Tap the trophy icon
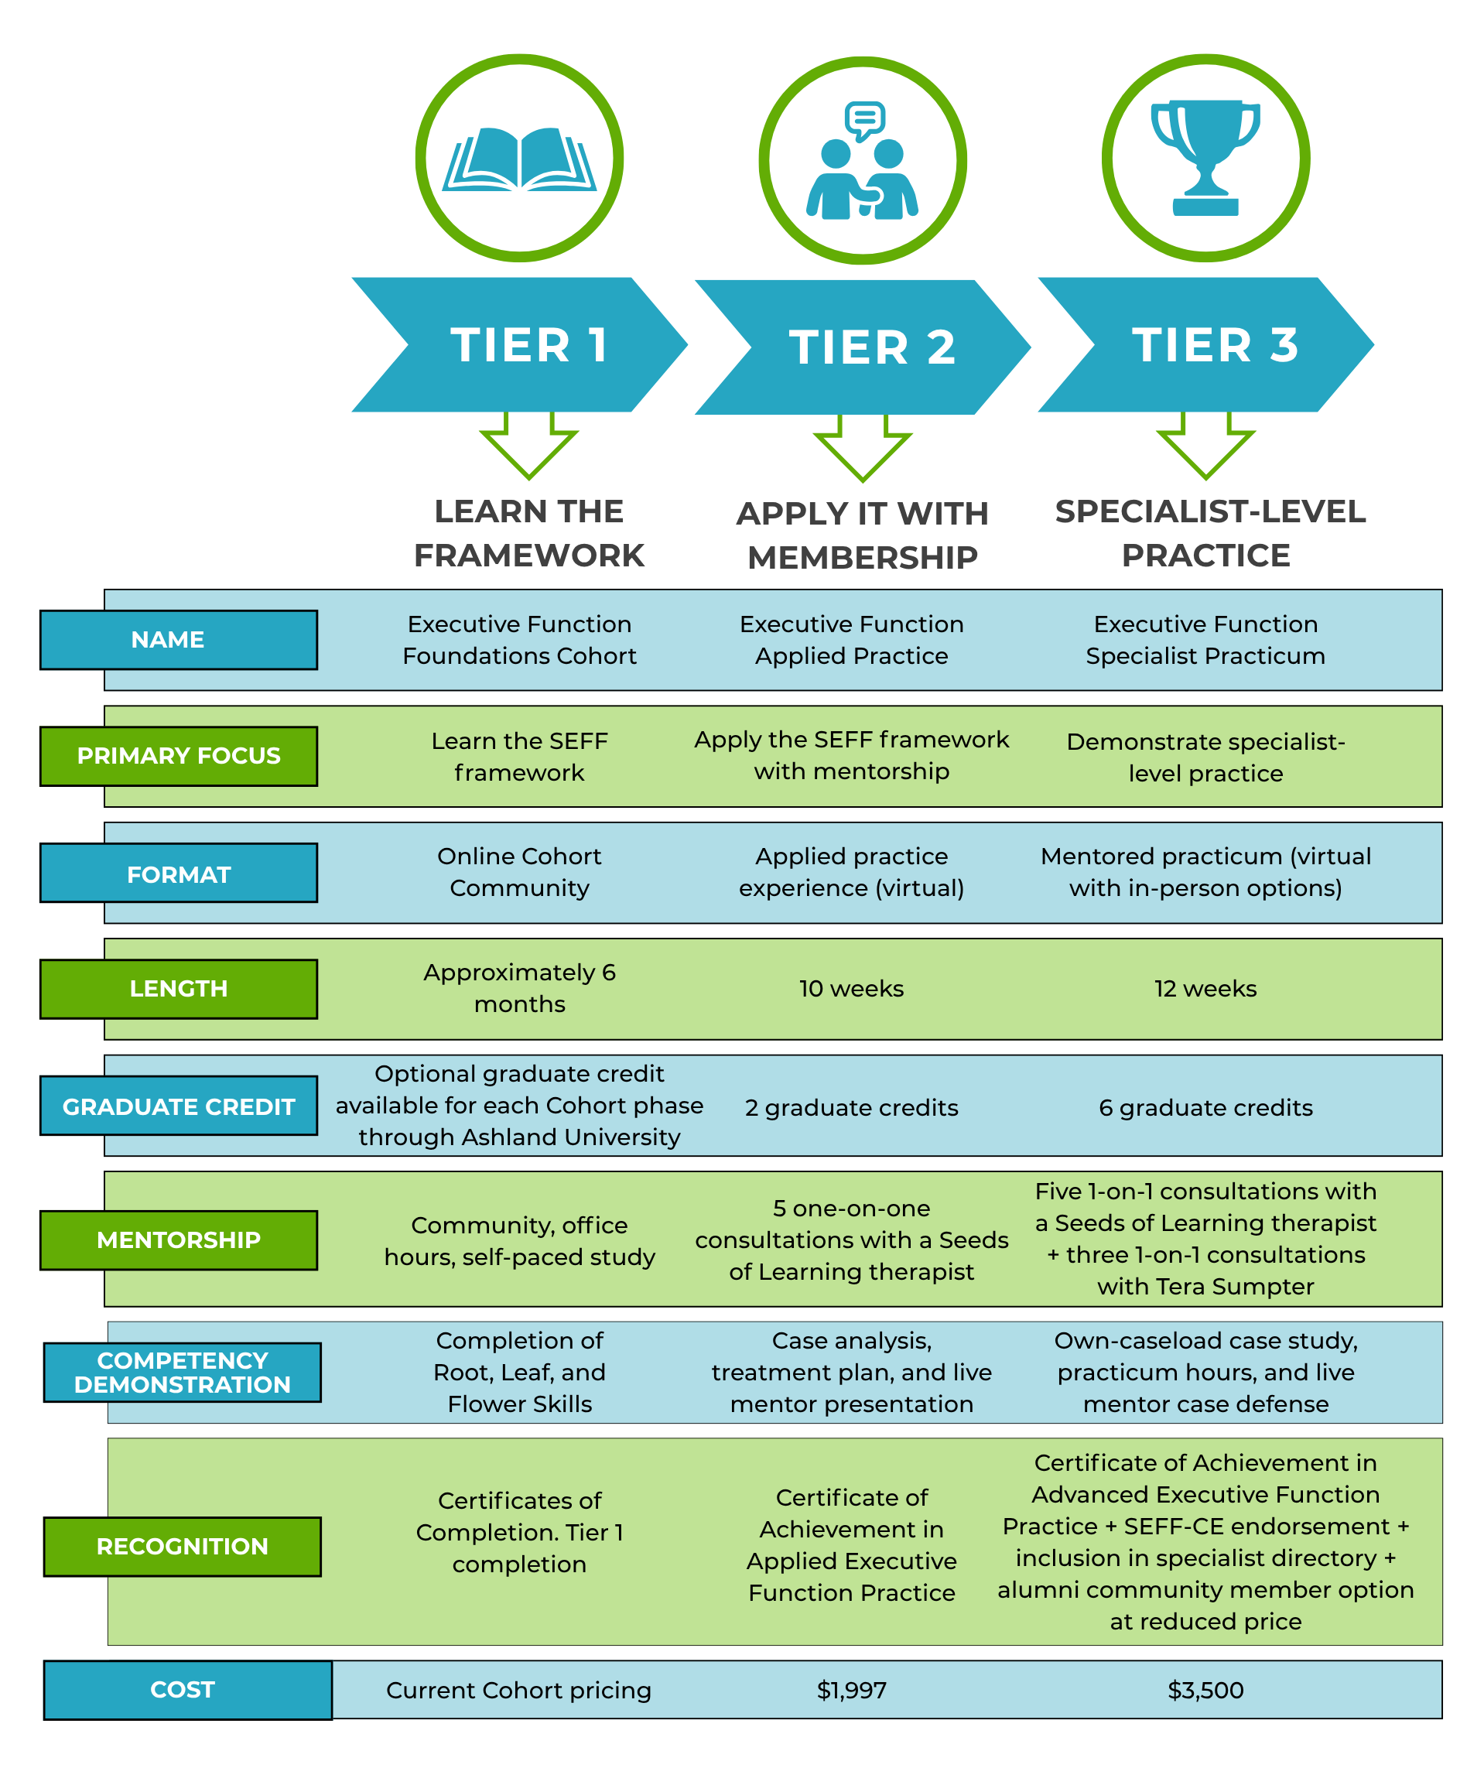(x=1205, y=158)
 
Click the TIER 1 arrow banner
(x=519, y=344)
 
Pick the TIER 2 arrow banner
(x=863, y=347)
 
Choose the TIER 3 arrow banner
(x=1206, y=344)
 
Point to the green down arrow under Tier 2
(x=863, y=448)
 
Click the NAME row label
(x=179, y=639)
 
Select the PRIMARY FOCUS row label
(x=179, y=756)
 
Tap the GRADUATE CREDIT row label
(x=179, y=1106)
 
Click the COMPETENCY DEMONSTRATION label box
(x=183, y=1372)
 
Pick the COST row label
(x=188, y=1690)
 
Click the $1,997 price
(x=852, y=1690)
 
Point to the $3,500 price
(x=1205, y=1690)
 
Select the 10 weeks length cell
(x=852, y=989)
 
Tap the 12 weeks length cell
(x=1205, y=989)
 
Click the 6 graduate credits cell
(x=1205, y=1107)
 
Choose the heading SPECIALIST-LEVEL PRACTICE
(x=1209, y=533)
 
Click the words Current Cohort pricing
(x=518, y=1691)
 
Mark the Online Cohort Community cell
(x=519, y=871)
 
